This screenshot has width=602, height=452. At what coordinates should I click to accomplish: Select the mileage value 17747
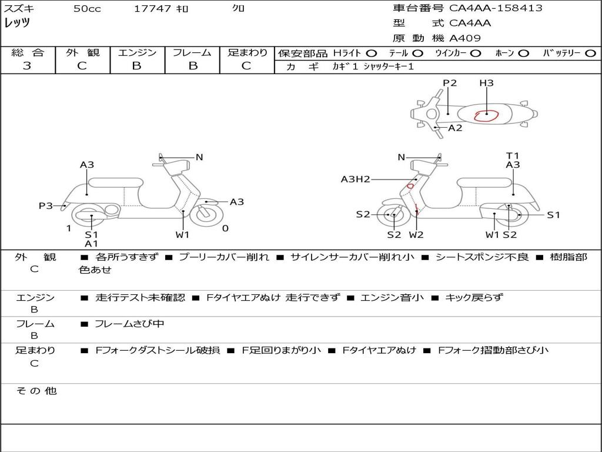[x=152, y=9]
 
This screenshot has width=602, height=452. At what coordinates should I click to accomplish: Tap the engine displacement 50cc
[x=86, y=9]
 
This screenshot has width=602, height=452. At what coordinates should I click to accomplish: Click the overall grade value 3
[x=27, y=66]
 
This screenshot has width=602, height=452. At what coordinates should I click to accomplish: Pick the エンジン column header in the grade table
[x=137, y=53]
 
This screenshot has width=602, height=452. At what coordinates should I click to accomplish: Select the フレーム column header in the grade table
[x=192, y=53]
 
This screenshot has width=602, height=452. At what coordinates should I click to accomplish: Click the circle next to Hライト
[x=372, y=54]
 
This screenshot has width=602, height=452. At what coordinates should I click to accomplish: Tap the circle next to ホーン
[x=523, y=54]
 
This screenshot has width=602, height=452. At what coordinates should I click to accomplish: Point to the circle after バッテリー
[x=590, y=54]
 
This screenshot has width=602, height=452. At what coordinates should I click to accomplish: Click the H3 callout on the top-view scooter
[x=486, y=83]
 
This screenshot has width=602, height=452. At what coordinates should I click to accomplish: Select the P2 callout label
[x=450, y=83]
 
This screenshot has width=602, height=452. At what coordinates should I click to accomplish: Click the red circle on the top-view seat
[x=486, y=114]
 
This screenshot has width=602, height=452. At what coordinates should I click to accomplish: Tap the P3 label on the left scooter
[x=46, y=206]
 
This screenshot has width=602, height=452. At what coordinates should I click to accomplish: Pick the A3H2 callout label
[x=355, y=180]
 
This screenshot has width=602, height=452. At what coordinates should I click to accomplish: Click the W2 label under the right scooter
[x=416, y=235]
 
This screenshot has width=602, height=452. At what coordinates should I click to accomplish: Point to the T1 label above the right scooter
[x=513, y=156]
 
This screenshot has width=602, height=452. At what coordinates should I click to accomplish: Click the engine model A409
[x=465, y=38]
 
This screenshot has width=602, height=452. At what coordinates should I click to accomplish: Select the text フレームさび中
[x=129, y=324]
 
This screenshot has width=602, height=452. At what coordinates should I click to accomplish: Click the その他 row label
[x=36, y=391]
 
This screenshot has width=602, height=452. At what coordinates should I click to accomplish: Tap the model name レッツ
[x=17, y=23]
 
